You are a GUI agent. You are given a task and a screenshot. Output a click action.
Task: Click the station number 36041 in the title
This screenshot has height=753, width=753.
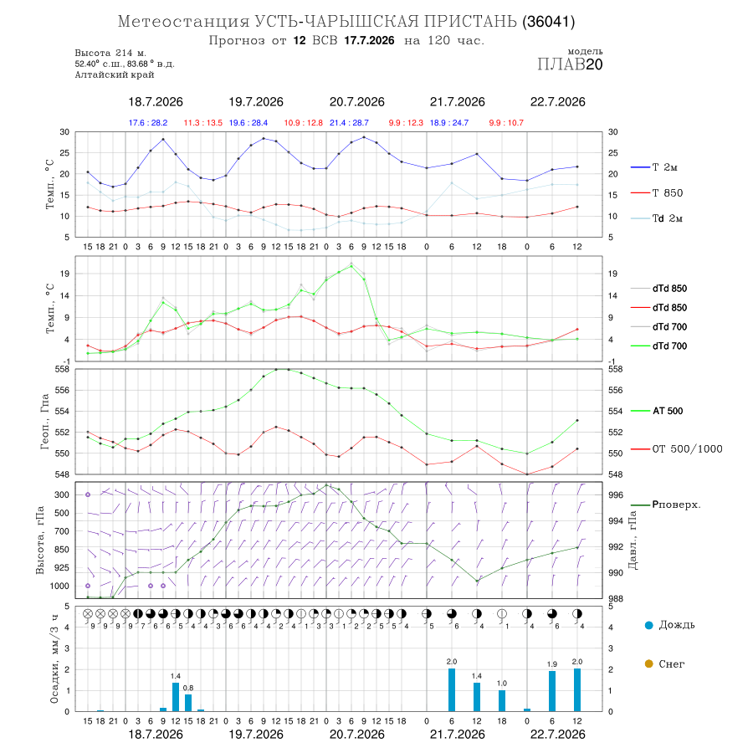[x=549, y=22]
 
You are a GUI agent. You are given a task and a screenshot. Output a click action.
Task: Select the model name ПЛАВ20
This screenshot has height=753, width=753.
[x=570, y=64]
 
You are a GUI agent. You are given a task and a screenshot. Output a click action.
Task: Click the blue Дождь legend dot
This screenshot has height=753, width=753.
[x=649, y=625]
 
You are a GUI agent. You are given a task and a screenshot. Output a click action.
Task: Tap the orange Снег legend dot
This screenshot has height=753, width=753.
[x=649, y=663]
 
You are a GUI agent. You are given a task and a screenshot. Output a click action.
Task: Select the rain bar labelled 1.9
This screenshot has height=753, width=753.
[x=552, y=691]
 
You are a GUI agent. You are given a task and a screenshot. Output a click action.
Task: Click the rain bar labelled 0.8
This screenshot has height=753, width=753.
[x=188, y=703]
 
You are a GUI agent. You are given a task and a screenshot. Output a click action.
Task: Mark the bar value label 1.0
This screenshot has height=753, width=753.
[x=502, y=683]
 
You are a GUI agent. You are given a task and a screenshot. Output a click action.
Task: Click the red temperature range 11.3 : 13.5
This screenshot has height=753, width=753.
[x=203, y=123]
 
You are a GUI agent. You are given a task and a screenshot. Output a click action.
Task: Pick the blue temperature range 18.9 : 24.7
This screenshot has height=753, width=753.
[x=449, y=123]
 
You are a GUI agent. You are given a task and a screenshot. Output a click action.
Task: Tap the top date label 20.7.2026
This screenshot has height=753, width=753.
[x=356, y=102]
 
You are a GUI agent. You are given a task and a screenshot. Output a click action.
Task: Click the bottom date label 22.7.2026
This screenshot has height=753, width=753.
[x=557, y=735]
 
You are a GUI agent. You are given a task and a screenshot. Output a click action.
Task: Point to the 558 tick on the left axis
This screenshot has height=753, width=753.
[x=63, y=369]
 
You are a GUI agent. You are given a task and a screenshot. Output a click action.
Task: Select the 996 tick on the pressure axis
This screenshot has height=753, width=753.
[x=615, y=494]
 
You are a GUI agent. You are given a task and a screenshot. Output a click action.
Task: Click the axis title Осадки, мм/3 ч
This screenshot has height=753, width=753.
[x=54, y=659]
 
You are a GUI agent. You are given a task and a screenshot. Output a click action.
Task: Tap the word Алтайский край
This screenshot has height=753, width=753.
[x=115, y=74]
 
